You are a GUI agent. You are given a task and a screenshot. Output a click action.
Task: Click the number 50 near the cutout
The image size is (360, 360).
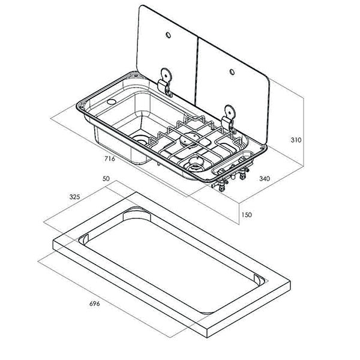pos(107,179)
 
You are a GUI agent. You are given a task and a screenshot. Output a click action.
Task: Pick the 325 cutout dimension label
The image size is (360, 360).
pos(75,196)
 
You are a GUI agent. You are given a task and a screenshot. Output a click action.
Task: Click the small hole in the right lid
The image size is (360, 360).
pos(230,73)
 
